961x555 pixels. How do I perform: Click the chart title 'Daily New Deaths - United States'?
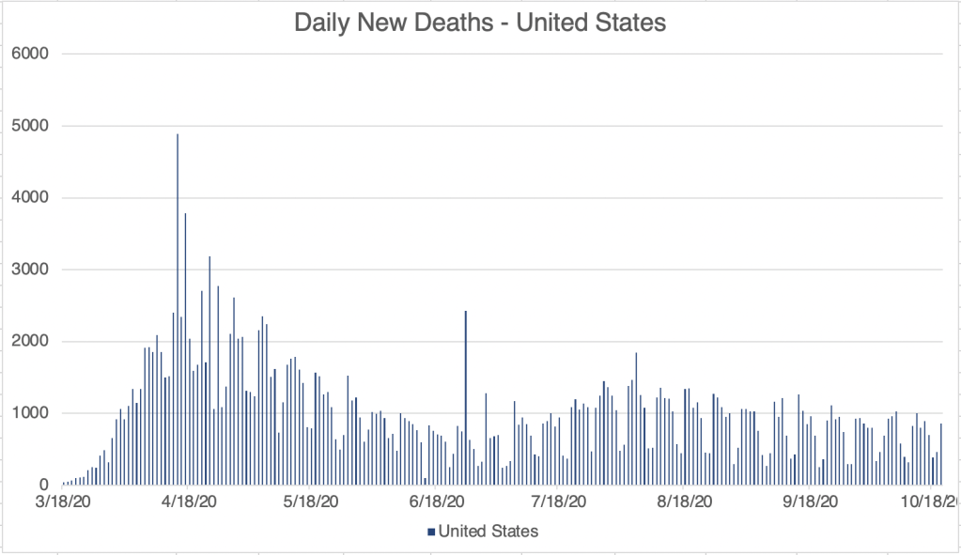click(x=480, y=23)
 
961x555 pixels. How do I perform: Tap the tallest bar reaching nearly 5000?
click(x=178, y=310)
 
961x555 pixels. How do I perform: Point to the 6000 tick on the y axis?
click(x=32, y=54)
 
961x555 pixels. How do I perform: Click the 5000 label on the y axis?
click(x=32, y=126)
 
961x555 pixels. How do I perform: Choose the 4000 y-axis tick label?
click(x=32, y=198)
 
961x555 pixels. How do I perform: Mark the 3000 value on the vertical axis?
click(x=32, y=270)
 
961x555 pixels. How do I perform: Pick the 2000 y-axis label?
click(x=32, y=342)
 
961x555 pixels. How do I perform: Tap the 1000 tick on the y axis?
click(x=32, y=413)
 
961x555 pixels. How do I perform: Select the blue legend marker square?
click(x=430, y=532)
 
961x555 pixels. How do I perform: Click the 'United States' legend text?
click(x=488, y=532)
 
